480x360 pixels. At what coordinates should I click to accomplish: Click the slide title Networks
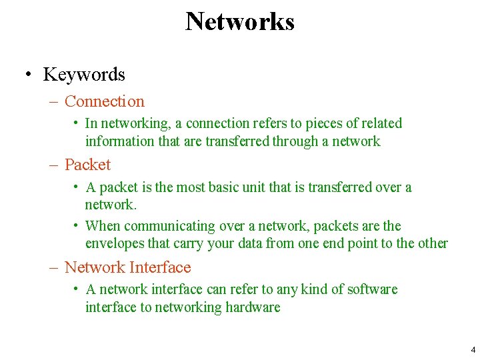coord(240,21)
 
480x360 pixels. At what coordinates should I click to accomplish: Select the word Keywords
coord(84,75)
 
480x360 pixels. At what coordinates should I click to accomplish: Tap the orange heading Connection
coord(105,101)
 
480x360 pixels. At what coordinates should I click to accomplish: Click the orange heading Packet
coord(87,165)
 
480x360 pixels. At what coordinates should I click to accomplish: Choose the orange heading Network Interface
coord(127,267)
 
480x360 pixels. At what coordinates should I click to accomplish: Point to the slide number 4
coord(473,349)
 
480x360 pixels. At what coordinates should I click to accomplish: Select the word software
coord(370,289)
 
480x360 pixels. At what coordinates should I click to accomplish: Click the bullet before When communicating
coord(78,225)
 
